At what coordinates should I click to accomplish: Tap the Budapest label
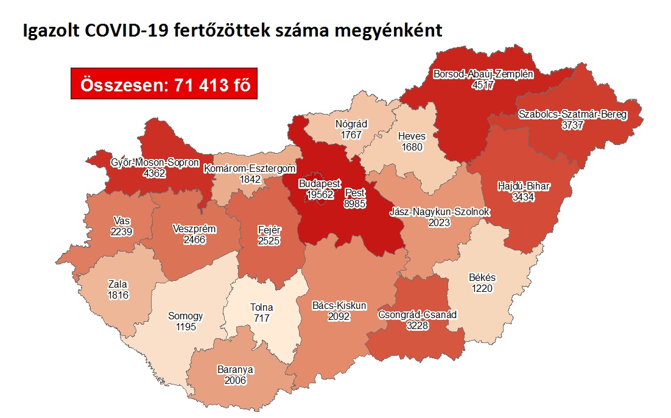(x=319, y=183)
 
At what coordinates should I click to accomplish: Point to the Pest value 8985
(x=354, y=204)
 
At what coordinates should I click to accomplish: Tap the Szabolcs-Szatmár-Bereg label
(x=572, y=115)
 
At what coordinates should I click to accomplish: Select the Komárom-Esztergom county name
(x=250, y=168)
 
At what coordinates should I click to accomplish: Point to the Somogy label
(x=185, y=316)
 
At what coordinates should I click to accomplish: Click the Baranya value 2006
(x=235, y=380)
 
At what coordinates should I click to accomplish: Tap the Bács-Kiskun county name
(x=339, y=305)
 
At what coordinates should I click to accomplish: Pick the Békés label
(x=482, y=278)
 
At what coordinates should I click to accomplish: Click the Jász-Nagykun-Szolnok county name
(x=439, y=212)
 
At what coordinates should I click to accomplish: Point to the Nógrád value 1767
(x=351, y=135)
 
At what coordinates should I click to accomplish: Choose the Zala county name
(x=117, y=285)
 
